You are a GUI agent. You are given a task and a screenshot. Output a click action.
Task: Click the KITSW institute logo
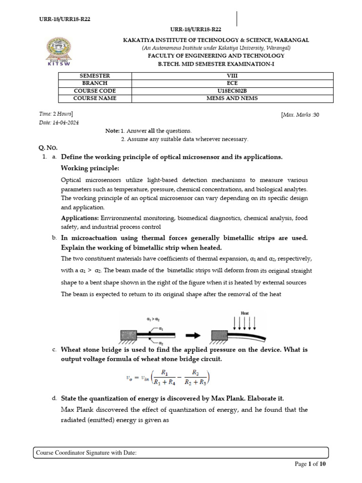[x=57, y=53]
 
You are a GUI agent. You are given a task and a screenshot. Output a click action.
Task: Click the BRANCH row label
[x=95, y=83]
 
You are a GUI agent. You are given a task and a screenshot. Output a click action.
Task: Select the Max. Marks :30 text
[x=300, y=115]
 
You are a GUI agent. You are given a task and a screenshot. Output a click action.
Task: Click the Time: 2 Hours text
[x=56, y=114]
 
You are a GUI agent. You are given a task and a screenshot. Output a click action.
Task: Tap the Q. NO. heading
[x=47, y=148]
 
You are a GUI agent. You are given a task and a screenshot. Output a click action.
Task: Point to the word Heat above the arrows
[x=245, y=313]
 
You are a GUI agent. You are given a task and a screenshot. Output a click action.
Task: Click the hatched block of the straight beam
[x=129, y=335]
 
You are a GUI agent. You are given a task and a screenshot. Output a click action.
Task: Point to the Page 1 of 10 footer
[x=310, y=464]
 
